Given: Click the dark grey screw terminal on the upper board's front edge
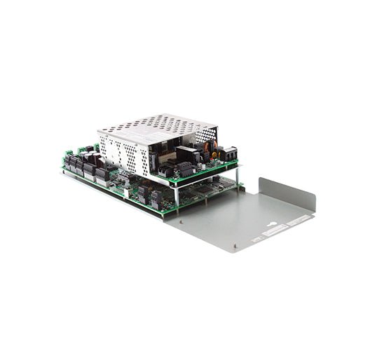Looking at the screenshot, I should click(x=184, y=169).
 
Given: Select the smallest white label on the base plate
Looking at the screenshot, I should click(x=256, y=239).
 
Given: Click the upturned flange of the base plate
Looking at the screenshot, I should click(x=287, y=193).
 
